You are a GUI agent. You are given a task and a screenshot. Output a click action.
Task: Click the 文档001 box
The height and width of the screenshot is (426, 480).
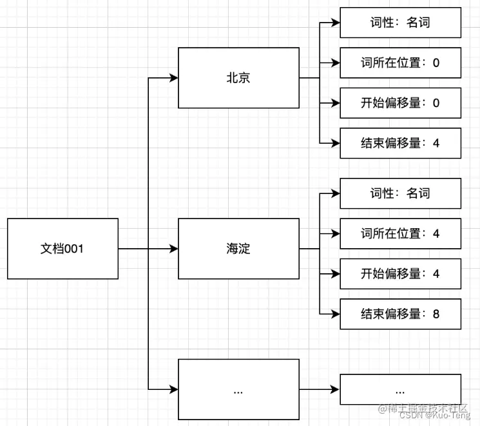tap(62, 249)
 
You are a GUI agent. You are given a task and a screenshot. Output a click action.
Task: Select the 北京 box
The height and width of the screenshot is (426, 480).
tap(238, 78)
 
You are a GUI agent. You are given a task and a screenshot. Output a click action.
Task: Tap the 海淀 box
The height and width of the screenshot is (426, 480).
tap(238, 249)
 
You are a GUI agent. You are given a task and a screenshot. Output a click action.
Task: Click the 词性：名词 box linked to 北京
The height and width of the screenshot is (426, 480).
tap(400, 23)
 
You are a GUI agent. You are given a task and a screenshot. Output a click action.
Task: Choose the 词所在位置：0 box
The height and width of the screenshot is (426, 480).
tap(400, 63)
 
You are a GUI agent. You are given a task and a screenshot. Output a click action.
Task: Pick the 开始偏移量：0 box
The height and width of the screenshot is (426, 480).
tap(400, 103)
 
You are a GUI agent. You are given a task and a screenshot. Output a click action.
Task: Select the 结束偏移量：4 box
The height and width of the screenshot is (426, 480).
tap(400, 143)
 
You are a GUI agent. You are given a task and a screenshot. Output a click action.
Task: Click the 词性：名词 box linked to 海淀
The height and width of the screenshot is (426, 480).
tap(400, 193)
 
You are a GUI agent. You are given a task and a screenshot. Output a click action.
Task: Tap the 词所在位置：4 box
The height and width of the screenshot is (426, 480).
tap(400, 233)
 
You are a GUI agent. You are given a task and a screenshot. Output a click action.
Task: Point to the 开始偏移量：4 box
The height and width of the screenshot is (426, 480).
tap(400, 274)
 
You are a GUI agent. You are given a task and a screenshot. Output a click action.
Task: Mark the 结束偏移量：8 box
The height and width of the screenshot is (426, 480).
tap(400, 315)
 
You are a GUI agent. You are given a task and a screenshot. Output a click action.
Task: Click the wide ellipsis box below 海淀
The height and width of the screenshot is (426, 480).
tap(238, 390)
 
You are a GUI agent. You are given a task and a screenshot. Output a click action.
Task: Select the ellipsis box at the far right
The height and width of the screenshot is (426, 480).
tap(400, 390)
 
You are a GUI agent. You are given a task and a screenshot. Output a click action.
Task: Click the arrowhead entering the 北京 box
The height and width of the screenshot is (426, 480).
tap(173, 78)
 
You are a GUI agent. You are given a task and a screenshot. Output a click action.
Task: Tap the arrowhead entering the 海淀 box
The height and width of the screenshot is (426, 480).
tap(173, 249)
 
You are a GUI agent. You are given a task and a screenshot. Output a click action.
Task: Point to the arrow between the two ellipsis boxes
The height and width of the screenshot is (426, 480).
tap(320, 390)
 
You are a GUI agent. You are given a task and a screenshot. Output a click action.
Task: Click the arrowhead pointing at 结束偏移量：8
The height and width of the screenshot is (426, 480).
tap(335, 315)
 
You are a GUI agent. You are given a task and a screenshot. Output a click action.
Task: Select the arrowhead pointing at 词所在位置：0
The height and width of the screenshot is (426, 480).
tap(335, 63)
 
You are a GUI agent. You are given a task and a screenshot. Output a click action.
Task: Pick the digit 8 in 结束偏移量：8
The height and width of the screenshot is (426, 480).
tap(436, 315)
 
